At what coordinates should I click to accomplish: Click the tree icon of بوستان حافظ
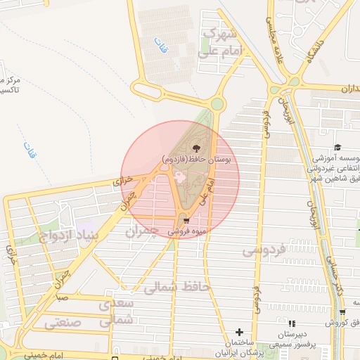coord(195,149)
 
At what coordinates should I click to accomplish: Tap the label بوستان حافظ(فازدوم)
coord(200,160)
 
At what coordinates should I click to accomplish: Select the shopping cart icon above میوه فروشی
coord(185,218)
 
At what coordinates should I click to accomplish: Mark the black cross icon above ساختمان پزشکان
coord(239,331)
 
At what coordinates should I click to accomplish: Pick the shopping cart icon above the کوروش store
coord(342,312)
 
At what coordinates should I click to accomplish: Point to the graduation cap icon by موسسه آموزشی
coord(337,148)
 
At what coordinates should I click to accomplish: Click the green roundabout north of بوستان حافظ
coord(217,105)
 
